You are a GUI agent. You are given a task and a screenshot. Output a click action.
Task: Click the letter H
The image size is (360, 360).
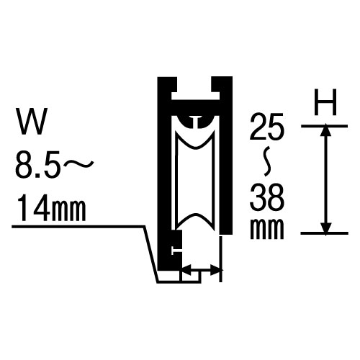point(325,102)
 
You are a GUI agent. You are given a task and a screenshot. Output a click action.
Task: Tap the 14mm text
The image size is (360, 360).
point(51,208)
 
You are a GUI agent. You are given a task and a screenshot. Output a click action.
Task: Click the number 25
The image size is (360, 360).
point(267,127)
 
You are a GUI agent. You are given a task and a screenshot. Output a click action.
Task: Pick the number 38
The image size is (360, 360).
point(267,197)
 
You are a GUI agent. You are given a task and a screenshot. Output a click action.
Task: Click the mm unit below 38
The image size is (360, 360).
point(267,228)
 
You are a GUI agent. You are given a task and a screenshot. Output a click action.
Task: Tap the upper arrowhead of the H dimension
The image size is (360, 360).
point(325,130)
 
